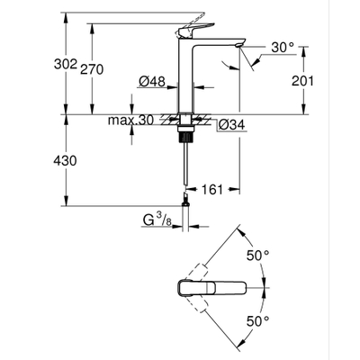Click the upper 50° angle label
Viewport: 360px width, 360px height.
point(260,255)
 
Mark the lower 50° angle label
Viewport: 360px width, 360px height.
point(260,319)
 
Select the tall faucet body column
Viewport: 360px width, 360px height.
point(187,81)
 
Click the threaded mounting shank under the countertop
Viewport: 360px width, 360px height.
point(187,129)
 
